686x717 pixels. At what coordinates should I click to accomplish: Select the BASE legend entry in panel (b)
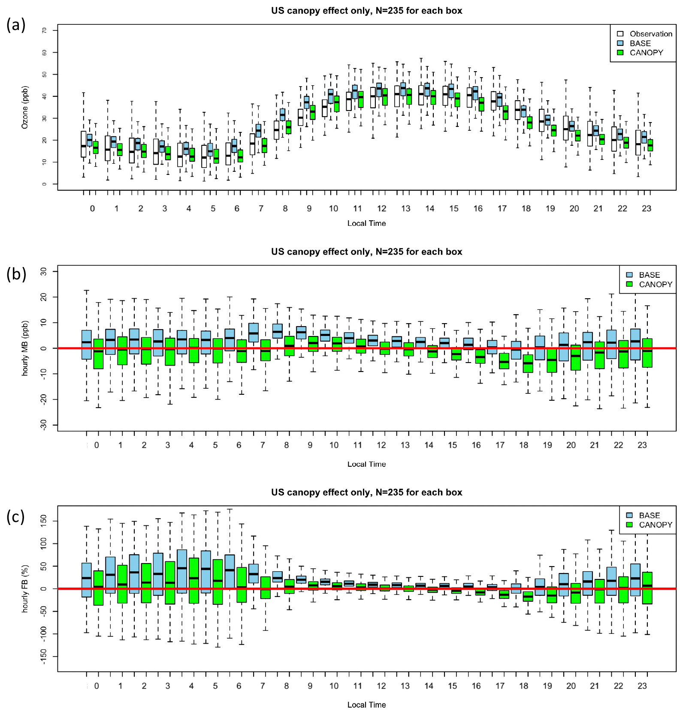[649, 275]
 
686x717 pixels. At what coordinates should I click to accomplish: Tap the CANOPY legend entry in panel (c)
[655, 525]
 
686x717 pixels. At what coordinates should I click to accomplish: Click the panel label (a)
[16, 25]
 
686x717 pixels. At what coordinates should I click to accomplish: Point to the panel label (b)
[16, 274]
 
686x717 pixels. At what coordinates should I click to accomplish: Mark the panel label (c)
[15, 517]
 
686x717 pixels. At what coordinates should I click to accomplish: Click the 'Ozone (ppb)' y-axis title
[25, 107]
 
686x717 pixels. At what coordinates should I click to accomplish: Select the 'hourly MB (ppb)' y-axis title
[25, 348]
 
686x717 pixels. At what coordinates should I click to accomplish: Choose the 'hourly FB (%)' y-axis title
[25, 588]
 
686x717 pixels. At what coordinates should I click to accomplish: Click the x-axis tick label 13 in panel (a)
[405, 209]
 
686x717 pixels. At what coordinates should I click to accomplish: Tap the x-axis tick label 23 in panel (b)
[642, 445]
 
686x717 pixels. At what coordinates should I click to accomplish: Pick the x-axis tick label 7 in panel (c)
[263, 686]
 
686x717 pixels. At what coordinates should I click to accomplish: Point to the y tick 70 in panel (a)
[44, 30]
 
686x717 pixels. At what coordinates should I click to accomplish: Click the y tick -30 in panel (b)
[44, 425]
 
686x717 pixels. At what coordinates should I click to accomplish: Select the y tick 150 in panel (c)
[44, 521]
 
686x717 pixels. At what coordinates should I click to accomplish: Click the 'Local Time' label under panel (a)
[366, 223]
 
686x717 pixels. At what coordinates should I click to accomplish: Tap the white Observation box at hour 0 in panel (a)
[83, 144]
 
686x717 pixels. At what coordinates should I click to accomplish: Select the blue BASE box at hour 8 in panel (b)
[278, 331]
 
